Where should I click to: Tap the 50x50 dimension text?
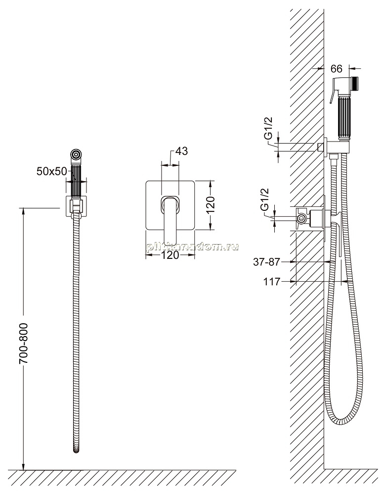point(52,171)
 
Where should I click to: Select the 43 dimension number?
point(181,151)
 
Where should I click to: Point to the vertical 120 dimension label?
point(211,205)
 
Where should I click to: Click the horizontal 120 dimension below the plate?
point(171,255)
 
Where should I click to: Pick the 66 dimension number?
point(337,68)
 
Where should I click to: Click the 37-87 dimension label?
point(267,262)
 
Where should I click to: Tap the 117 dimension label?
point(272,281)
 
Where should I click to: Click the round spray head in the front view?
point(76,154)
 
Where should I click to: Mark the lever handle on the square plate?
point(170,220)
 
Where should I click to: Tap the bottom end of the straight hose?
point(76,451)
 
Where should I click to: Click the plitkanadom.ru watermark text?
point(192,247)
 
